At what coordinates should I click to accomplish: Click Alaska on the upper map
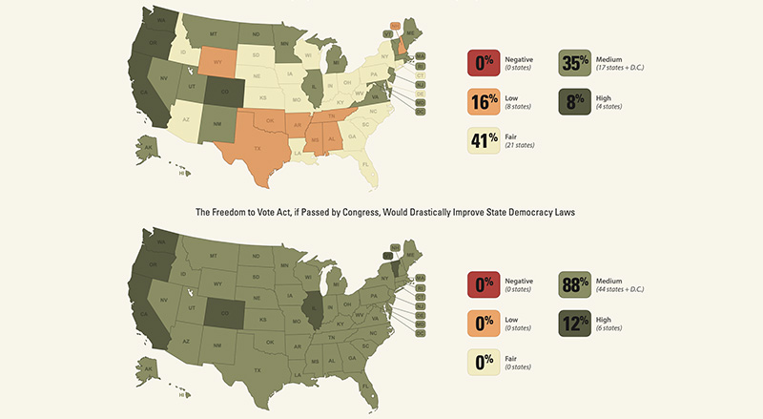(148, 145)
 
